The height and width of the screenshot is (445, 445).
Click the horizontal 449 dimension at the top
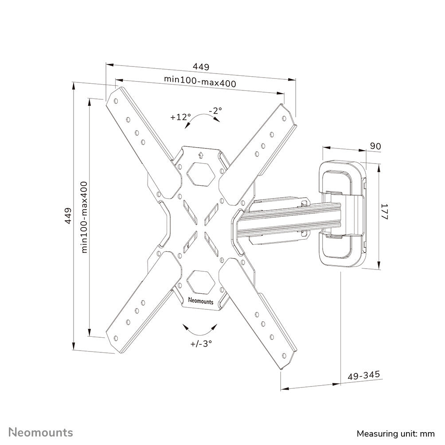click(200, 67)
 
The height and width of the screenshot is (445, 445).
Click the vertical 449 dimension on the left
click(68, 215)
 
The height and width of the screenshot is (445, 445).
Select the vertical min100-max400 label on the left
click(84, 217)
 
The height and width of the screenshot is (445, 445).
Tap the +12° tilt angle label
click(180, 117)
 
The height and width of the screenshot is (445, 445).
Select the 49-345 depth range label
click(364, 375)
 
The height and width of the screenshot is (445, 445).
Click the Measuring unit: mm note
click(395, 433)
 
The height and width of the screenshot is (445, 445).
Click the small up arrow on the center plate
click(200, 155)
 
